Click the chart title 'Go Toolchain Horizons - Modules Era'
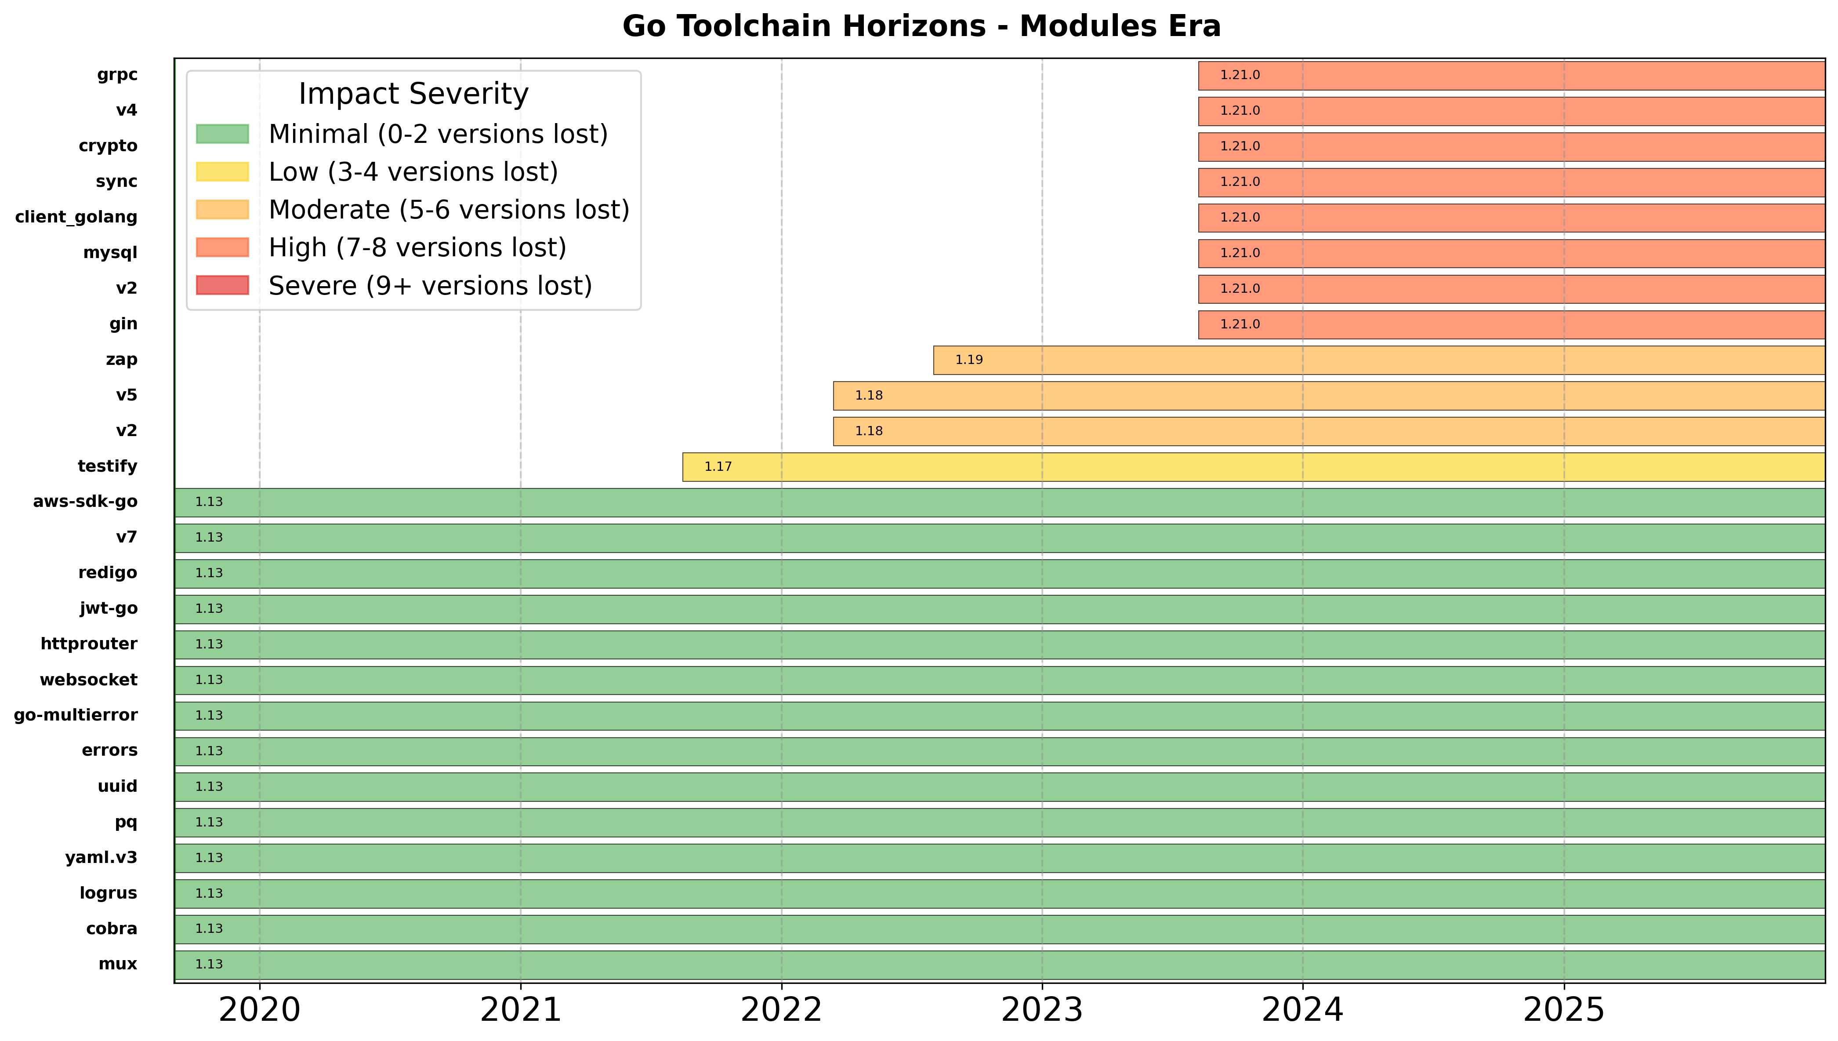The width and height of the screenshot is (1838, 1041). coord(921,26)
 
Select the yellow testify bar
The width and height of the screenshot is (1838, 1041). coord(1251,467)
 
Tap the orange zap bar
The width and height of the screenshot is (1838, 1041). coord(1379,360)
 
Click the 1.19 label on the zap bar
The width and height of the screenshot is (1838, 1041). coord(969,360)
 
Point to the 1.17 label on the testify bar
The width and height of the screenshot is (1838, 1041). coord(718,467)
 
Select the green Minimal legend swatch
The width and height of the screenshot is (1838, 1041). coord(222,134)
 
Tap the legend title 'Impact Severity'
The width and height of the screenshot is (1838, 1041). coord(413,94)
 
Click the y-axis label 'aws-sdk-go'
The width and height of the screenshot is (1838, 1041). coord(85,502)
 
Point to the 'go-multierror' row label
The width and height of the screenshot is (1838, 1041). coord(76,715)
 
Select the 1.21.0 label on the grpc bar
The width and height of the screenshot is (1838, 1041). coord(1240,75)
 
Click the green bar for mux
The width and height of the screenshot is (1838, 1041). coord(1001,965)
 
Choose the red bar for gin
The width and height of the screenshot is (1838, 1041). coord(1512,324)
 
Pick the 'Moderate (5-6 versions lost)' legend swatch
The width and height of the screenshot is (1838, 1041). coord(222,210)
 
